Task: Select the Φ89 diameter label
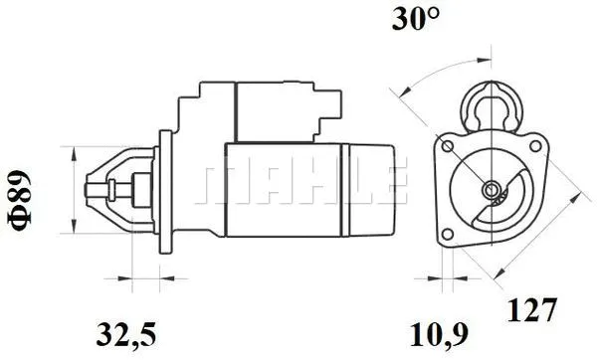pyautogui.click(x=19, y=201)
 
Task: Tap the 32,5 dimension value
pyautogui.click(x=126, y=334)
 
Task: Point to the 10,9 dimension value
pyautogui.click(x=439, y=335)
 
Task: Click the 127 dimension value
pyautogui.click(x=532, y=309)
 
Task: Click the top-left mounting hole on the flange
pyautogui.click(x=448, y=146)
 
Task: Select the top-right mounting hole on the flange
pyautogui.click(x=535, y=146)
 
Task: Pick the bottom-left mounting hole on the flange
pyautogui.click(x=448, y=234)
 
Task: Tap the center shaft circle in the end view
pyautogui.click(x=491, y=189)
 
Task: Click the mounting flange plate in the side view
pyautogui.click(x=165, y=192)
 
